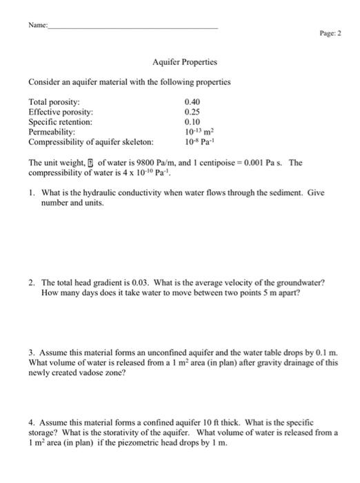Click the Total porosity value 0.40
tap(192, 100)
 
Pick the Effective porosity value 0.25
tap(192, 110)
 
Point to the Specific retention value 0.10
tap(192, 121)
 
